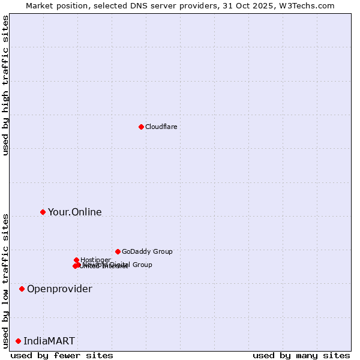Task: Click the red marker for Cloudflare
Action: (141, 127)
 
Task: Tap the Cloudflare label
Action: (161, 127)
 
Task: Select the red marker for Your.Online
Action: (43, 212)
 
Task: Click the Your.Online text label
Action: (74, 212)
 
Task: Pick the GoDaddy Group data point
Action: (118, 251)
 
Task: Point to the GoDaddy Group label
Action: (146, 251)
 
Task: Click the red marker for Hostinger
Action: (76, 260)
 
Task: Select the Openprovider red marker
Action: (22, 289)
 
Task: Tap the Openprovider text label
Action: (59, 289)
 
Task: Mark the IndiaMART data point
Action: (18, 341)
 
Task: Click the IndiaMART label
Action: (49, 341)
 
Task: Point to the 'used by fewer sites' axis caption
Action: (62, 355)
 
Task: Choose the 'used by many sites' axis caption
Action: (301, 355)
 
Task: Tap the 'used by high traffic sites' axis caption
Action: (5, 85)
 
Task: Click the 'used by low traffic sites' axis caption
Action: (5, 280)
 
